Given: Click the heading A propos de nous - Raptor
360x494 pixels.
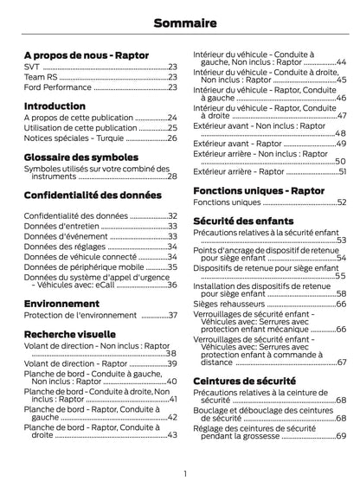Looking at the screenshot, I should (86, 55).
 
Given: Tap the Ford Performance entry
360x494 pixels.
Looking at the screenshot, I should (56, 87).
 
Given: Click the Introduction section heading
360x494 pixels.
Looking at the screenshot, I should (55, 106).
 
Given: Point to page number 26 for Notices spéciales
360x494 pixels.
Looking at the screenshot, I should (172, 138).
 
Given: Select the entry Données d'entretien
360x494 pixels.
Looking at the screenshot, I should (57, 226).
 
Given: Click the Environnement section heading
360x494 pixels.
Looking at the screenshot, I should (61, 305).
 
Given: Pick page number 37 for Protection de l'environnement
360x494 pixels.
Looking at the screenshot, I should (172, 315).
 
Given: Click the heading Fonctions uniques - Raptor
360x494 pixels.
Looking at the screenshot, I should (259, 189).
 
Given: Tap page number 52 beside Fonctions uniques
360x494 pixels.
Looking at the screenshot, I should (341, 202).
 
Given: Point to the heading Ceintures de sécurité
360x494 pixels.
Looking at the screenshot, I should (244, 381).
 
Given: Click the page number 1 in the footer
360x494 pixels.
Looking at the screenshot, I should (185, 473).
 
